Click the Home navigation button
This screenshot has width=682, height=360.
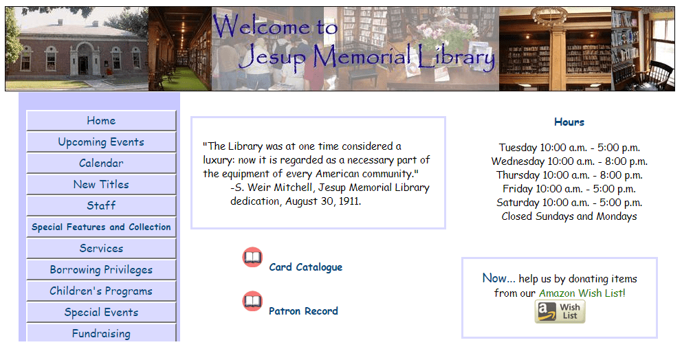[101, 120]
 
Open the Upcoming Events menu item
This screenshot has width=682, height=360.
[101, 142]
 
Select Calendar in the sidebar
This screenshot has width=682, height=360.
[101, 163]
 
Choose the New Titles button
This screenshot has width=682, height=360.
[101, 184]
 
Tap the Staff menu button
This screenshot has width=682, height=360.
[101, 205]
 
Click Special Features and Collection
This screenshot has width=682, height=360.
[101, 227]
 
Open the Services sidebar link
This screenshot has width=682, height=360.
[101, 248]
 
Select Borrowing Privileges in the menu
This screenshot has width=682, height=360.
[101, 269]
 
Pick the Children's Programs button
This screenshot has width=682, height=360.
[101, 291]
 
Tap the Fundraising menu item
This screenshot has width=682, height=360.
[101, 333]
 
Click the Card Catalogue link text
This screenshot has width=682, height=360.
[306, 267]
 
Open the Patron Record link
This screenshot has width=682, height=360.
[303, 311]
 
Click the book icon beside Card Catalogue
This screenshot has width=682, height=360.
[252, 258]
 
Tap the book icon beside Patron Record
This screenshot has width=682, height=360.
[252, 302]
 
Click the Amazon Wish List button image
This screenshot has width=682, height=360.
[560, 312]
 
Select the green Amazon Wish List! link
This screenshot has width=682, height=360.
[582, 293]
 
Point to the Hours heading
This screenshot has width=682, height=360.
[569, 122]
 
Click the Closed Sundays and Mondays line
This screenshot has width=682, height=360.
[569, 216]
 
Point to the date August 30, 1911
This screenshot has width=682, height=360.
[322, 201]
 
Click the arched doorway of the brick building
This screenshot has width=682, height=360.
[83, 59]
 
